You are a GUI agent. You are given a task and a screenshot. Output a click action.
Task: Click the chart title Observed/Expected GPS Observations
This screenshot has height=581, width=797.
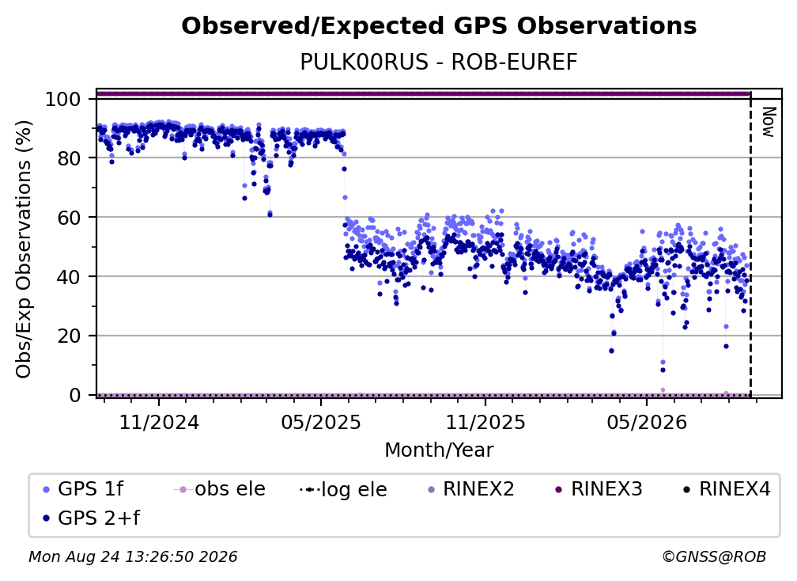(439, 26)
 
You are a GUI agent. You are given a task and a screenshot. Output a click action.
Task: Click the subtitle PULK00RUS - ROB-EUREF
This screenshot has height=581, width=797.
(439, 62)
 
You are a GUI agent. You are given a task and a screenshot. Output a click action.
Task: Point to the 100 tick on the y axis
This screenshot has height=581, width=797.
(63, 99)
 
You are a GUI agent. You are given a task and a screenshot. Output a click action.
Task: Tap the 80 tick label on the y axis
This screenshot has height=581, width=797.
(69, 158)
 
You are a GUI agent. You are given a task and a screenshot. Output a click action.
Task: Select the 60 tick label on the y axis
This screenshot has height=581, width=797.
(69, 217)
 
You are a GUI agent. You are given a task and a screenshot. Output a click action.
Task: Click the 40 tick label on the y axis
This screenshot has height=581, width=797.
(69, 277)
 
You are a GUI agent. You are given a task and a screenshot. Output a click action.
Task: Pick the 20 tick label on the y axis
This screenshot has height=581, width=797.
(69, 336)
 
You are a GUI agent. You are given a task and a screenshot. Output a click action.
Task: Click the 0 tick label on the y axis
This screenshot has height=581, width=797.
(75, 395)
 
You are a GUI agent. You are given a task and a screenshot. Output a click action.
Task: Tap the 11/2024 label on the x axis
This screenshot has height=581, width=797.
(159, 422)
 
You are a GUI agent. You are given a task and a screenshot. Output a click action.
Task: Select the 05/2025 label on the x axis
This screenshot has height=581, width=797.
(321, 422)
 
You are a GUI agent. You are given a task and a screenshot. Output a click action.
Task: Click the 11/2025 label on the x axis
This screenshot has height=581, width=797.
(485, 422)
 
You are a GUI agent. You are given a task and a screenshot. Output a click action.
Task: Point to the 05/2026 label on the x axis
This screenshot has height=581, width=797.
(647, 422)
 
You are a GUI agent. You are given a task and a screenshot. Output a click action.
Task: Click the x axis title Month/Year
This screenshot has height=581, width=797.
(439, 450)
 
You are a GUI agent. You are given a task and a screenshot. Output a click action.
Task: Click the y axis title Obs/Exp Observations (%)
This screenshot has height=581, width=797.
(24, 249)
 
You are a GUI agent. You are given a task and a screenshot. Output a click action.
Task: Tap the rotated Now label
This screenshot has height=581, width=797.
(768, 122)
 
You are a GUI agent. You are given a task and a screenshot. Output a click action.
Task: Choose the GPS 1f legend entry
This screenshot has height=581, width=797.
(83, 489)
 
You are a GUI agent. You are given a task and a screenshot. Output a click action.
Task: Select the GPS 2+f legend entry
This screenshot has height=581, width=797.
(91, 518)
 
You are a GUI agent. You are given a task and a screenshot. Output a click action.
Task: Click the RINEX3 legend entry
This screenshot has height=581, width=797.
(599, 489)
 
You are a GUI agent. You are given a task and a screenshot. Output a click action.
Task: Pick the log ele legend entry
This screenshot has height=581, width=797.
(344, 489)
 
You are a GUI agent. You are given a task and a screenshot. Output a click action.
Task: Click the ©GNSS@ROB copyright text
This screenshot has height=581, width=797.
(714, 556)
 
